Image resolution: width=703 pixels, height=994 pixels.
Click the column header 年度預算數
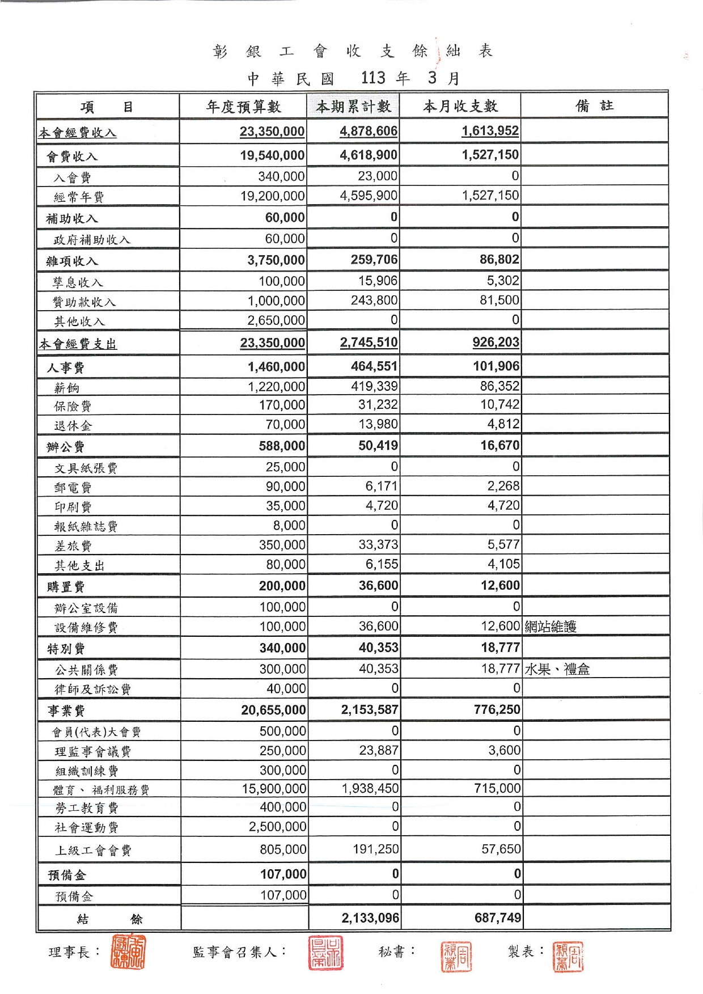pyautogui.click(x=243, y=107)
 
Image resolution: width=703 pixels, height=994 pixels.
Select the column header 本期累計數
pyautogui.click(x=353, y=107)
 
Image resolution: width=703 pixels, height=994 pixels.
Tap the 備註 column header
pyautogui.click(x=594, y=106)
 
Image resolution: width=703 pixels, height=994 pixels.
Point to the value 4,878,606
pyautogui.click(x=369, y=132)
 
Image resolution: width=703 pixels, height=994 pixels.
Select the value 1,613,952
pyautogui.click(x=490, y=131)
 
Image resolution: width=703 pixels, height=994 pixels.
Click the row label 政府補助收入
pyautogui.click(x=92, y=240)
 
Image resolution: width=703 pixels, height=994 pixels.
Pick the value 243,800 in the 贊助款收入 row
pyautogui.click(x=374, y=300)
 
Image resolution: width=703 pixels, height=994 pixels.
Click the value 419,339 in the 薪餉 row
pyautogui.click(x=374, y=387)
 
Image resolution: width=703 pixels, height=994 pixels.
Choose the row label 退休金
pyautogui.click(x=73, y=426)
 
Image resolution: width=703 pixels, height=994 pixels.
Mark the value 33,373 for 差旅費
pyautogui.click(x=378, y=545)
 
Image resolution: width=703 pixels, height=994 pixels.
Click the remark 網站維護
pyautogui.click(x=550, y=627)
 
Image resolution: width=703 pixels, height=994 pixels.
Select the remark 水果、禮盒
pyautogui.click(x=557, y=669)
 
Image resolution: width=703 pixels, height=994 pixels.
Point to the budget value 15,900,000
pyautogui.click(x=274, y=789)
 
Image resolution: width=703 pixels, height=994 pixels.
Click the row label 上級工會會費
pyautogui.click(x=93, y=851)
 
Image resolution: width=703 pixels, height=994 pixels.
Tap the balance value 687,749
pyautogui.click(x=498, y=918)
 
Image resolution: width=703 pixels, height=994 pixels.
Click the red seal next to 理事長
pyautogui.click(x=128, y=951)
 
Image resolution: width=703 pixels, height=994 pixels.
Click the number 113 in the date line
pyautogui.click(x=373, y=78)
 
